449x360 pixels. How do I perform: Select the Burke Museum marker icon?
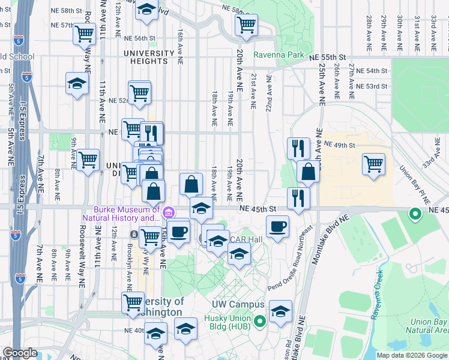tap(169, 212)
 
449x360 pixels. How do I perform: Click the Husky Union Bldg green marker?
tap(259, 322)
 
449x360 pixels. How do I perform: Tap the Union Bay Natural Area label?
tap(427, 325)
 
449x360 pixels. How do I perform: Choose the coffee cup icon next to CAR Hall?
tap(277, 226)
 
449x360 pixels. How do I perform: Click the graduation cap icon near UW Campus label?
tap(280, 311)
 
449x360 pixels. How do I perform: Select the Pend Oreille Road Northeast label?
tap(291, 259)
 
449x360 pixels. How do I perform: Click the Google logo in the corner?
tap(20, 353)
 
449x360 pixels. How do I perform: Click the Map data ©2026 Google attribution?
tap(412, 355)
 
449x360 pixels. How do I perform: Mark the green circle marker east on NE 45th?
tap(414, 213)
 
